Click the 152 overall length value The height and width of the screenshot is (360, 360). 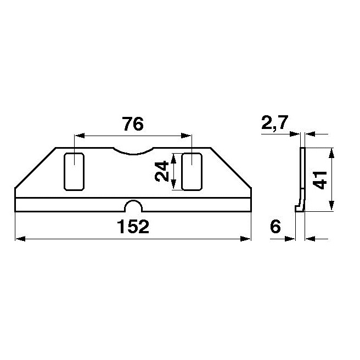point(132,227)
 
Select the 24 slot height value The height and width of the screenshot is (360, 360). point(161,172)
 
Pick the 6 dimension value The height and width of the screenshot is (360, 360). point(275,227)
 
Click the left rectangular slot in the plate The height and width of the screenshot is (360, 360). point(74,172)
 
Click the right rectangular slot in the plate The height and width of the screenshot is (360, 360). point(192,172)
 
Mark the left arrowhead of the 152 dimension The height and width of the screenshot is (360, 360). point(18,239)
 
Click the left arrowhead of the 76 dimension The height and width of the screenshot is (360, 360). point(77,136)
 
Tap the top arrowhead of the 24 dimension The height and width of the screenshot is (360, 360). point(173,156)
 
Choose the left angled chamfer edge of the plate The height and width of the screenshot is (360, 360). point(35,168)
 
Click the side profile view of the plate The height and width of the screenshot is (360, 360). point(301,179)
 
